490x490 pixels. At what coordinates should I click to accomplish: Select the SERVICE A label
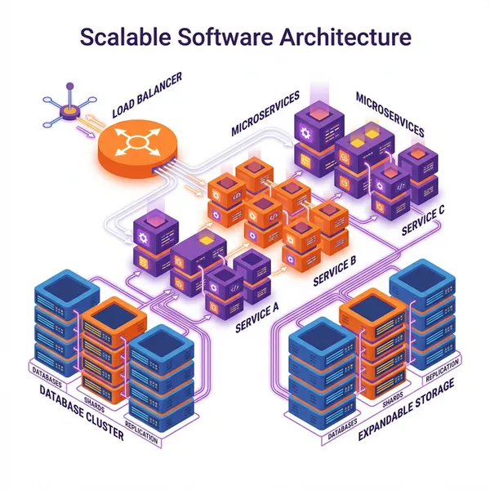click(x=257, y=317)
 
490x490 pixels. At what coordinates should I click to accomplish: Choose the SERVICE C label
click(x=423, y=219)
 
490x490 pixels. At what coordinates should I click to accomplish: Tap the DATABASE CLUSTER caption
click(x=82, y=413)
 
